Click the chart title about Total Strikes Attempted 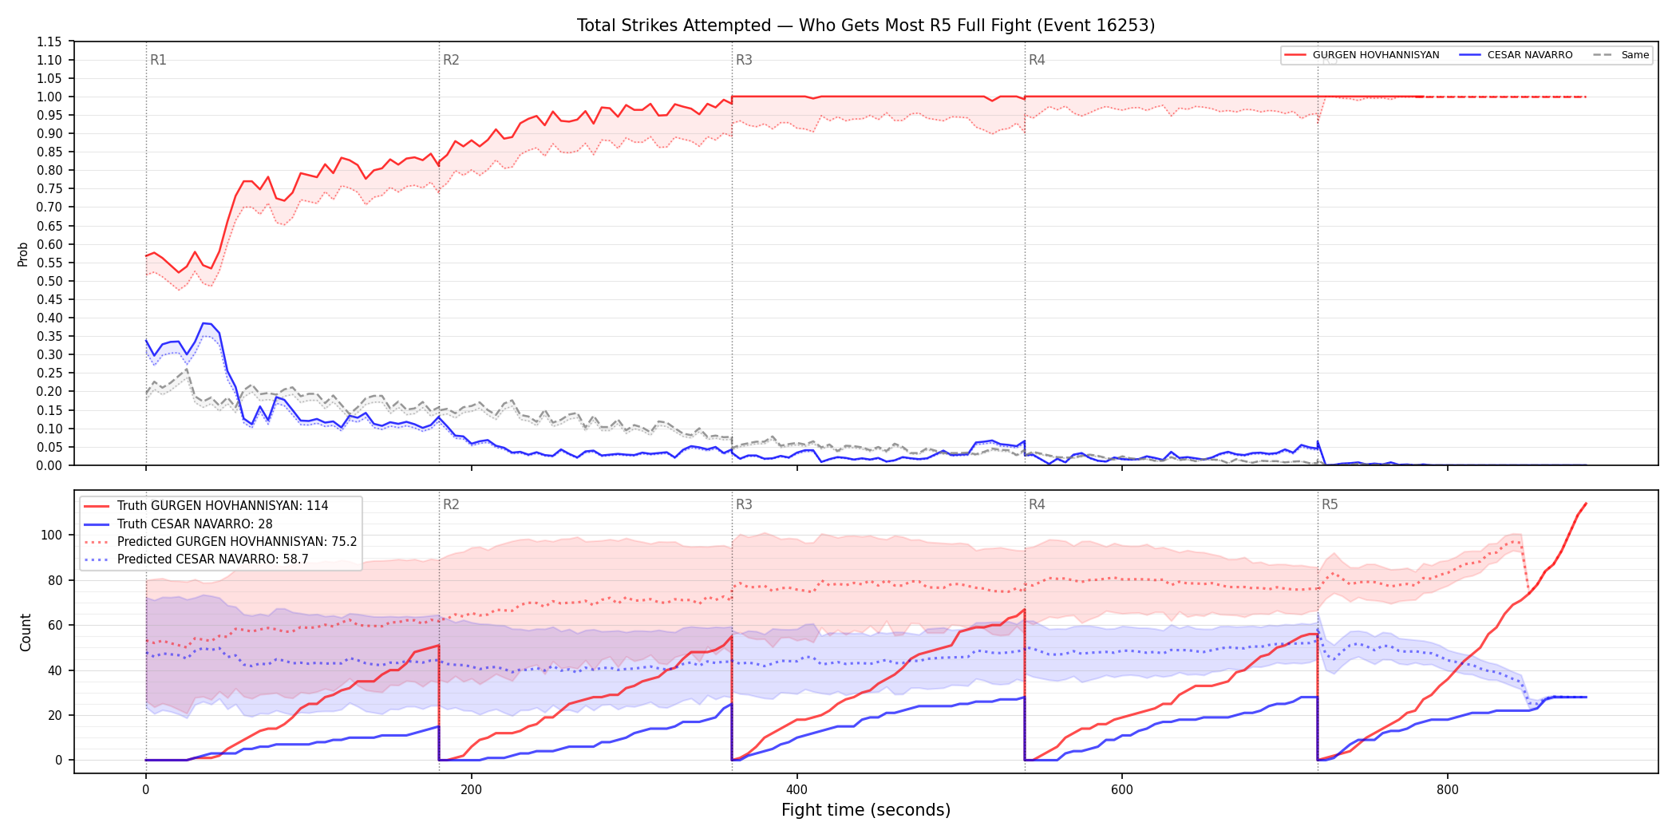tap(866, 26)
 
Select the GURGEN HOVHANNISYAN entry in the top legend tap(1362, 55)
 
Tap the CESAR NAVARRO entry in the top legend tap(1516, 55)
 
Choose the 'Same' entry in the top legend tap(1621, 55)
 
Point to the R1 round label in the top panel tap(158, 60)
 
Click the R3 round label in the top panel tap(744, 60)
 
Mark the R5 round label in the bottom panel tap(1330, 504)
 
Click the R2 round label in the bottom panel tap(451, 504)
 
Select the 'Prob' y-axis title tap(23, 254)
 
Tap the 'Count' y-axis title tap(26, 632)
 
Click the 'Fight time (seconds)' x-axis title tap(866, 810)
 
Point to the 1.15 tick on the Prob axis tap(49, 42)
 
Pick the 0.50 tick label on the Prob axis tap(49, 281)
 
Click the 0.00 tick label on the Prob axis tap(49, 465)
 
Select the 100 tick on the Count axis tap(51, 535)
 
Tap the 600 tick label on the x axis tap(1121, 790)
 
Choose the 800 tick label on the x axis tap(1447, 790)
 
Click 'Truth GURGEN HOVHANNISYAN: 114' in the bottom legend tap(223, 506)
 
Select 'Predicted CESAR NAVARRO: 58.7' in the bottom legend tap(213, 559)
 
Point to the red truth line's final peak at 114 tap(1586, 504)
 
